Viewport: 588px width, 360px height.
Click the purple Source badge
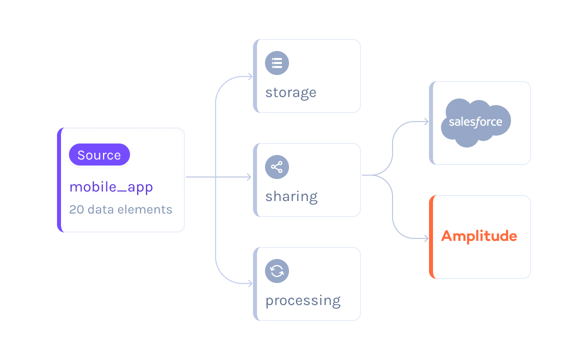click(99, 155)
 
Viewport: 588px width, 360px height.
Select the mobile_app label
click(111, 187)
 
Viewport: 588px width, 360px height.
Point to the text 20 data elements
click(120, 209)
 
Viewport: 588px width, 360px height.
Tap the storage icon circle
click(277, 63)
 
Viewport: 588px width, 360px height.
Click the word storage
click(290, 92)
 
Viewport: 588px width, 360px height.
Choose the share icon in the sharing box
click(277, 167)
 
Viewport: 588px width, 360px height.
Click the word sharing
click(291, 196)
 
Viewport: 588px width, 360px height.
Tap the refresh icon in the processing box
click(277, 271)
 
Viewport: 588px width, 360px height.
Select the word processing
click(302, 300)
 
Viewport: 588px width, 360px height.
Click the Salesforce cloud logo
click(475, 122)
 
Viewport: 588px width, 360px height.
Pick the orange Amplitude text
click(479, 236)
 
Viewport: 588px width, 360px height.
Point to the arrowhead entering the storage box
click(249, 76)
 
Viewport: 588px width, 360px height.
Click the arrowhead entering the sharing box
click(249, 177)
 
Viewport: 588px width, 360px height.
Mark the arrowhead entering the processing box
click(249, 283)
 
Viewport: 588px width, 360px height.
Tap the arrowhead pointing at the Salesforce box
click(426, 121)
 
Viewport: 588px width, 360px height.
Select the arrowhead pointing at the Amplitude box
click(426, 238)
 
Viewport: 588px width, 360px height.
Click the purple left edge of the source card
click(59, 180)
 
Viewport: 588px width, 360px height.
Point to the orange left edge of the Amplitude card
click(431, 236)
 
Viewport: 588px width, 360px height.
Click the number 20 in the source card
click(76, 209)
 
